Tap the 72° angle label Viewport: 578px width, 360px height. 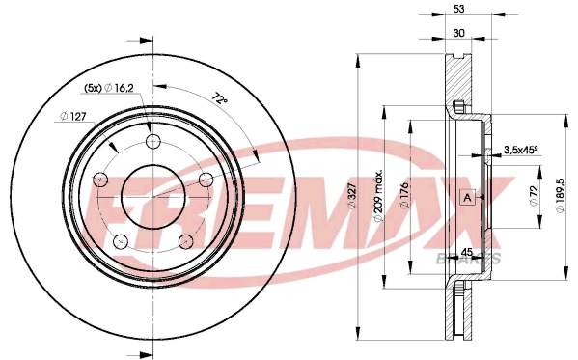(222, 98)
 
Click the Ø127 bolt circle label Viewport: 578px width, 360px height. (73, 117)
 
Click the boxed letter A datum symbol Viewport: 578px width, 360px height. (468, 198)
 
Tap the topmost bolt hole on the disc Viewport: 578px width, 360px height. (152, 142)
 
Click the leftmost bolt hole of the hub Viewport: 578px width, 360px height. (100, 180)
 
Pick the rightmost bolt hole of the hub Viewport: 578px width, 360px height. (205, 180)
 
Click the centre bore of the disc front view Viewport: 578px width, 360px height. (152, 197)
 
